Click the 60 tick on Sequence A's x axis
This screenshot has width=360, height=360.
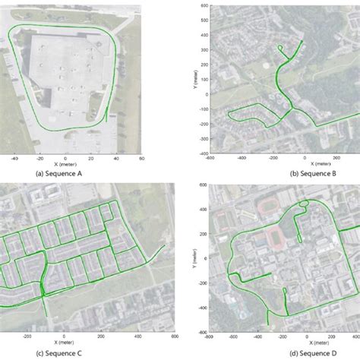pos(141,159)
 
